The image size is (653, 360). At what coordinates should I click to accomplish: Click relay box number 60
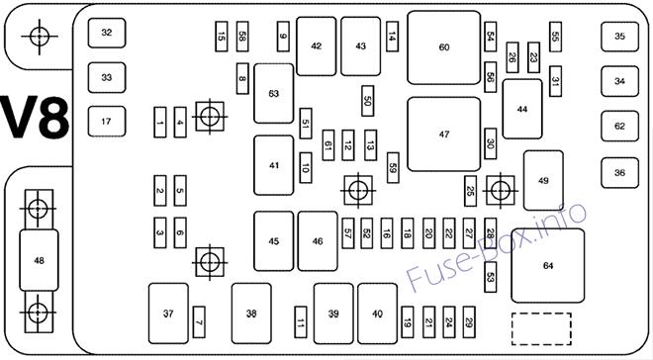[x=444, y=47]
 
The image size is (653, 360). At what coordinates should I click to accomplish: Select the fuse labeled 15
[x=222, y=37]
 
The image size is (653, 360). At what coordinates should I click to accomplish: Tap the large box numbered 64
[x=548, y=265]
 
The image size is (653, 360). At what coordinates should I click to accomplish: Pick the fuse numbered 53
[x=491, y=277]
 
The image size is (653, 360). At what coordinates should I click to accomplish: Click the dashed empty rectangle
[x=541, y=328]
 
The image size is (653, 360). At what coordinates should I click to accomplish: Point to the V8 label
[x=35, y=118]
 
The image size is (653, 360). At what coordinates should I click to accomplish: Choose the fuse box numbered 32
[x=107, y=33]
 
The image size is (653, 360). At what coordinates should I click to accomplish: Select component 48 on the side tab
[x=39, y=260]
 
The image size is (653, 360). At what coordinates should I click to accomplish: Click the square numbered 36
[x=619, y=173]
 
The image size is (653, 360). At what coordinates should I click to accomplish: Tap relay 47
[x=444, y=135]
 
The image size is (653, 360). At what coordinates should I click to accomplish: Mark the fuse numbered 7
[x=199, y=322]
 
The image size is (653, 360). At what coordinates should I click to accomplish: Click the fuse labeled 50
[x=368, y=101]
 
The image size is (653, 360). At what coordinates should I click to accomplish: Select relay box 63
[x=274, y=94]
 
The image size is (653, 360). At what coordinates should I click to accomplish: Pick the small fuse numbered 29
[x=469, y=322]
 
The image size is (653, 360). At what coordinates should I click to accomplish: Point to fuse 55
[x=555, y=37]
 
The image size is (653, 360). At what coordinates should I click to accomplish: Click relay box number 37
[x=168, y=314]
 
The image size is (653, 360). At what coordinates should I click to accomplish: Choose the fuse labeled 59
[x=393, y=168]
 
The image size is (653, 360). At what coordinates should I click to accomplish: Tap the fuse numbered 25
[x=470, y=191]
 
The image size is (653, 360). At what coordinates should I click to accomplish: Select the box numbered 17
[x=107, y=122]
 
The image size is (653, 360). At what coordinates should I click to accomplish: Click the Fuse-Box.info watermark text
[x=496, y=246]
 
